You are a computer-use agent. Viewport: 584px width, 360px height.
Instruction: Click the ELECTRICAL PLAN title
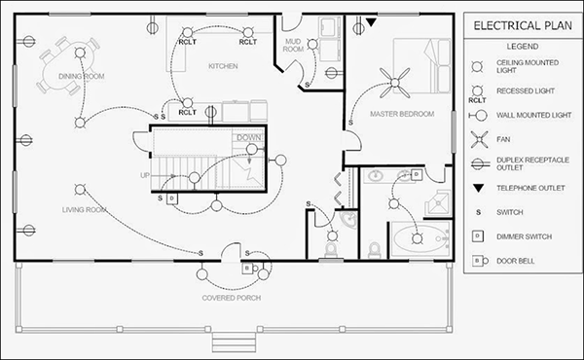point(517,26)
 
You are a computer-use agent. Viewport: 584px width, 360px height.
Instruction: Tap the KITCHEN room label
point(223,66)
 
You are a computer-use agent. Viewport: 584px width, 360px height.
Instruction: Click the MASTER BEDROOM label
point(400,114)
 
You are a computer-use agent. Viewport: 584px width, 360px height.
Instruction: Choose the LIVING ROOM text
point(85,209)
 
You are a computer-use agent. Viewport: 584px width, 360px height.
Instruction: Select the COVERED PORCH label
point(230,297)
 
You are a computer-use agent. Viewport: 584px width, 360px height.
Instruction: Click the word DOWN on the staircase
point(248,137)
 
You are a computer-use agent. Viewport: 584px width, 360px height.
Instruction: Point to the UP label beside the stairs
point(145,176)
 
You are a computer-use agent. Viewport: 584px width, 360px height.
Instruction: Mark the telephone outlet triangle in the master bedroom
point(371,21)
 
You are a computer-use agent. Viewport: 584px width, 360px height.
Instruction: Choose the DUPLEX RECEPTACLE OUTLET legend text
point(527,162)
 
